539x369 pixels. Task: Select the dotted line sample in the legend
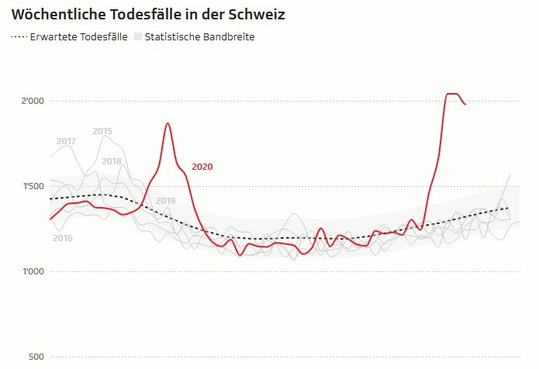(x=19, y=37)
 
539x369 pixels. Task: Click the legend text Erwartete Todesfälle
(x=78, y=37)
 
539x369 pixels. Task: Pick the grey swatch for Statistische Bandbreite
(x=138, y=37)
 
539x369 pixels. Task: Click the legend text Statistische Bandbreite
(x=199, y=37)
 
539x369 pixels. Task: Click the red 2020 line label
(x=202, y=167)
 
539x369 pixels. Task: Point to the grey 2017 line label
(x=66, y=141)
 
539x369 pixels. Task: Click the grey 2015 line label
(x=102, y=131)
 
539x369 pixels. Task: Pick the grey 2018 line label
(x=112, y=161)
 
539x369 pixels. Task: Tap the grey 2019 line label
(x=165, y=201)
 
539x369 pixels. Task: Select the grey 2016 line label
(x=62, y=238)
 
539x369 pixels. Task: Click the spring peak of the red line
(x=168, y=123)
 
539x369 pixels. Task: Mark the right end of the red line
(x=465, y=104)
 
